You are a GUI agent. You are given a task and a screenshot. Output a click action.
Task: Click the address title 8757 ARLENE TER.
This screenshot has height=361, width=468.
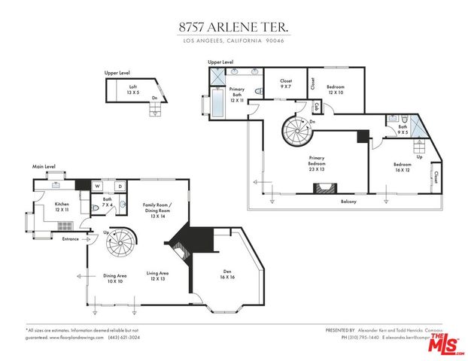233,26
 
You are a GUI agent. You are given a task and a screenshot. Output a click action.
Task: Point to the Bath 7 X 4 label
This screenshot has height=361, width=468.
108,202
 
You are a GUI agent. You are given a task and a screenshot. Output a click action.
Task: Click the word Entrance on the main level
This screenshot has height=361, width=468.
71,239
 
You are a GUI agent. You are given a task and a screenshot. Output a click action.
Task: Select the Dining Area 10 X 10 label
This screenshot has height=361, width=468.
114,278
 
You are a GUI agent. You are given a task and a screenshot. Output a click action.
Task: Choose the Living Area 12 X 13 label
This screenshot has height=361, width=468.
157,276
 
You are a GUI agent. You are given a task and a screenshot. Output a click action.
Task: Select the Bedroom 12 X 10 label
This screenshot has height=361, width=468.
335,89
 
